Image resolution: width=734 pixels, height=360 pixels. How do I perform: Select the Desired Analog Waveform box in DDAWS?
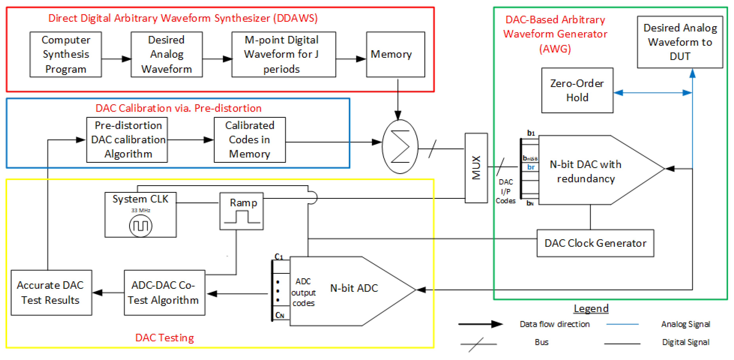[166, 54]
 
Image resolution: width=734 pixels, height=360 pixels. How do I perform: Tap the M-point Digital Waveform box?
[284, 54]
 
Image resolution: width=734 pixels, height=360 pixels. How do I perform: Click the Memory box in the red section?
[395, 54]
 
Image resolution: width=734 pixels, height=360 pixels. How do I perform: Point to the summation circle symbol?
[400, 147]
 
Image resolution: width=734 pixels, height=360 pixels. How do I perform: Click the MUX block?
[476, 168]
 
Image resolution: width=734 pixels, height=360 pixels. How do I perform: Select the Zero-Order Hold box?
[577, 90]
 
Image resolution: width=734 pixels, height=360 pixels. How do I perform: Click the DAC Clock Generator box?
[595, 243]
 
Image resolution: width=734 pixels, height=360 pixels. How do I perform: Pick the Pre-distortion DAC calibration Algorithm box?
[127, 140]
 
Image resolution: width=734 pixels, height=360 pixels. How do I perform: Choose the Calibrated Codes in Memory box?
[250, 140]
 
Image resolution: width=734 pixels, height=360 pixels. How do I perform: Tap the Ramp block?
[241, 211]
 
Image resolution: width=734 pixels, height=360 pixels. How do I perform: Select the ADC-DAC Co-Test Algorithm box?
[164, 293]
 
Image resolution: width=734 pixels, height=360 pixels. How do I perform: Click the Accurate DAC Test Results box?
[51, 293]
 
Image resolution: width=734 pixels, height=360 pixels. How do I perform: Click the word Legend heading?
[591, 308]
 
